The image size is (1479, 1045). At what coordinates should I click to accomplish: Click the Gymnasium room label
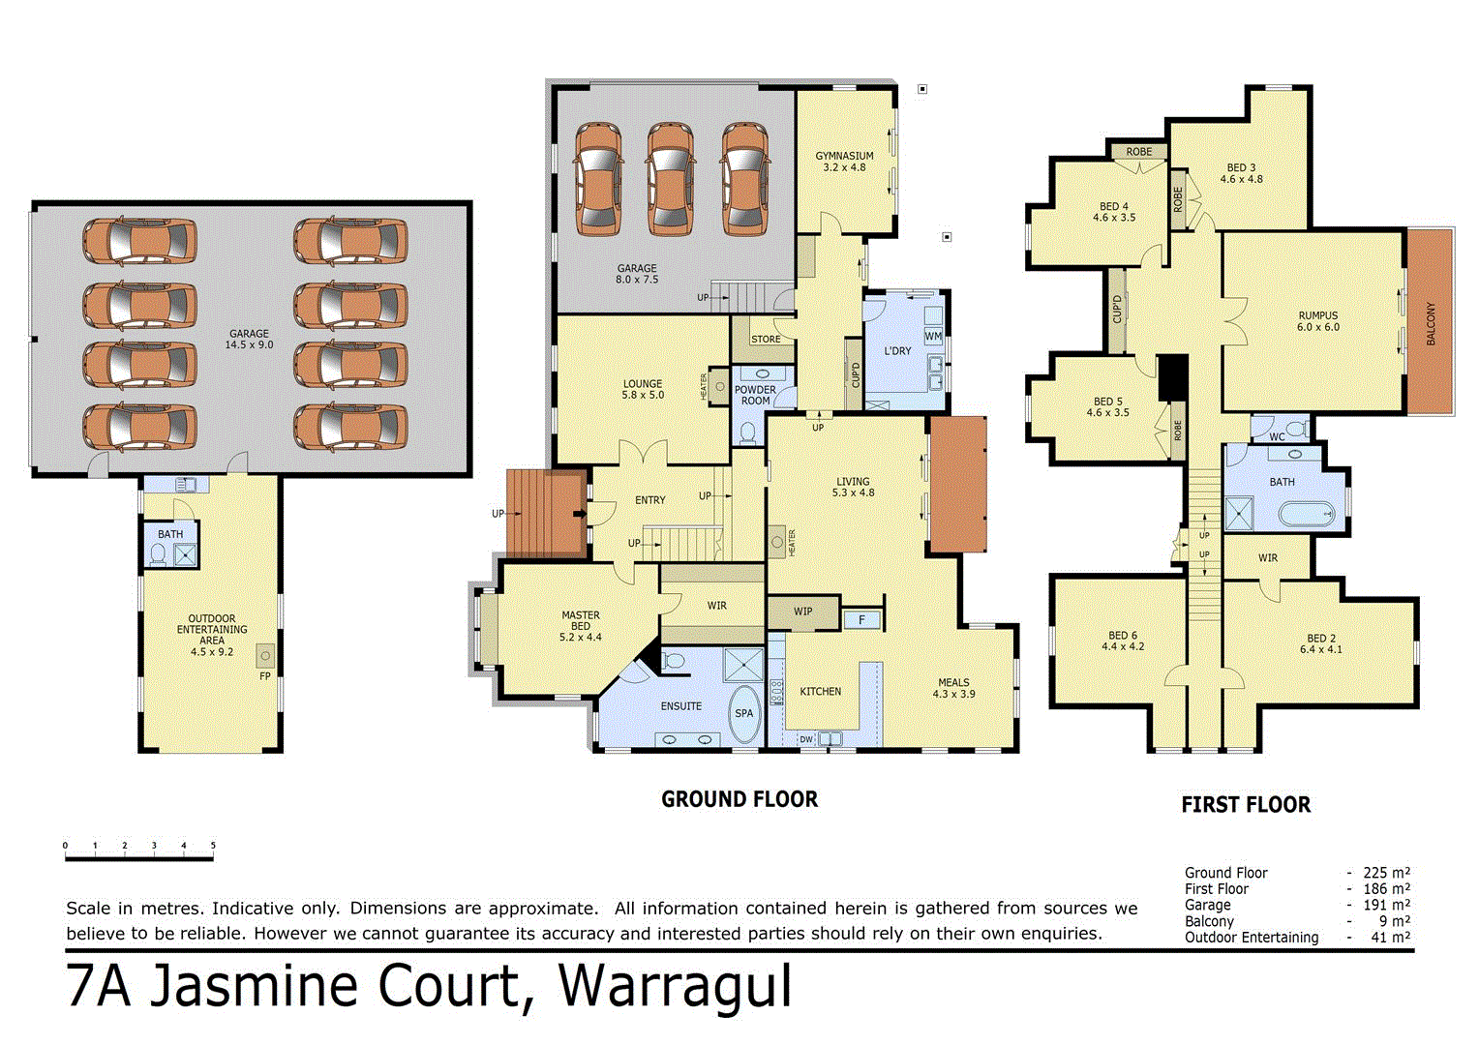[844, 162]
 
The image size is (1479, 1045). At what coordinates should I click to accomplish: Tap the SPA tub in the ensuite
[743, 714]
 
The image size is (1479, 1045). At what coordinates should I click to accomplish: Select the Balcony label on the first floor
[1431, 324]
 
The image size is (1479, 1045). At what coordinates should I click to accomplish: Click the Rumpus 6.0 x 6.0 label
[1317, 321]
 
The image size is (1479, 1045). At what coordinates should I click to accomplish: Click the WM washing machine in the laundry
[933, 337]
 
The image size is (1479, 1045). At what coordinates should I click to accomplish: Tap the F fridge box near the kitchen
[861, 620]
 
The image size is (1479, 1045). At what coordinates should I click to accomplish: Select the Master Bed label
[581, 626]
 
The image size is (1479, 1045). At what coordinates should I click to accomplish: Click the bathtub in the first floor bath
[1307, 515]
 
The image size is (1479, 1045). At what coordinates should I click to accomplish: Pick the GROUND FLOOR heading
[739, 799]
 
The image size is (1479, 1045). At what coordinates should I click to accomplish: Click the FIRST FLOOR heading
[1246, 805]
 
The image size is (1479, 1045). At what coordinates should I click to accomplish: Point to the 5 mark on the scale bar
[213, 847]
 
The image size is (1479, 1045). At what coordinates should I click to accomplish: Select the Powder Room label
[755, 395]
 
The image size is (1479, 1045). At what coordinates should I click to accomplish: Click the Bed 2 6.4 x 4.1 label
[1321, 643]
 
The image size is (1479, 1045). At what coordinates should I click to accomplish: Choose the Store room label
[766, 339]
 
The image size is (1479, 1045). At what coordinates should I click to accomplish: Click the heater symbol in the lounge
[718, 386]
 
